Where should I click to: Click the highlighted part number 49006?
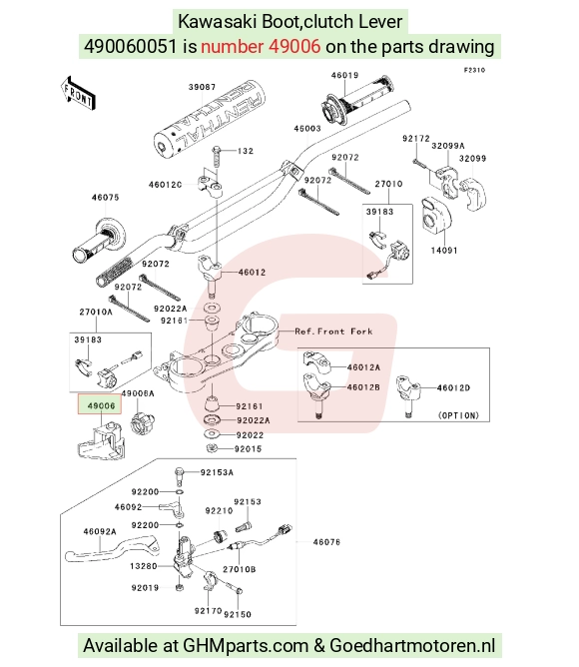pyautogui.click(x=101, y=405)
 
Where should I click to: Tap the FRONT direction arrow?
pyautogui.click(x=78, y=94)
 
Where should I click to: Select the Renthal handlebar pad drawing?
pyautogui.click(x=210, y=120)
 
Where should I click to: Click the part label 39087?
pyautogui.click(x=202, y=87)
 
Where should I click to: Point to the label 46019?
pyautogui.click(x=345, y=75)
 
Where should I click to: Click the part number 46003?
pyautogui.click(x=307, y=129)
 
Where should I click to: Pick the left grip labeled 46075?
pyautogui.click(x=99, y=241)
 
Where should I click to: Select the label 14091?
pyautogui.click(x=444, y=250)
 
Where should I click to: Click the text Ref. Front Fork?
pyautogui.click(x=333, y=332)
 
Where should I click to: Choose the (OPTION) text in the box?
pyautogui.click(x=458, y=415)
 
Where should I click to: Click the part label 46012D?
pyautogui.click(x=453, y=388)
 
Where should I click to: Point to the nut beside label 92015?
pyautogui.click(x=212, y=448)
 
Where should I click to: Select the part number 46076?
pyautogui.click(x=326, y=542)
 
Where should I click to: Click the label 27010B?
pyautogui.click(x=240, y=569)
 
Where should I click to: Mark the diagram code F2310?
pyautogui.click(x=474, y=70)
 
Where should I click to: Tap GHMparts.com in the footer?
pyautogui.click(x=245, y=645)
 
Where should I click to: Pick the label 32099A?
pyautogui.click(x=448, y=146)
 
